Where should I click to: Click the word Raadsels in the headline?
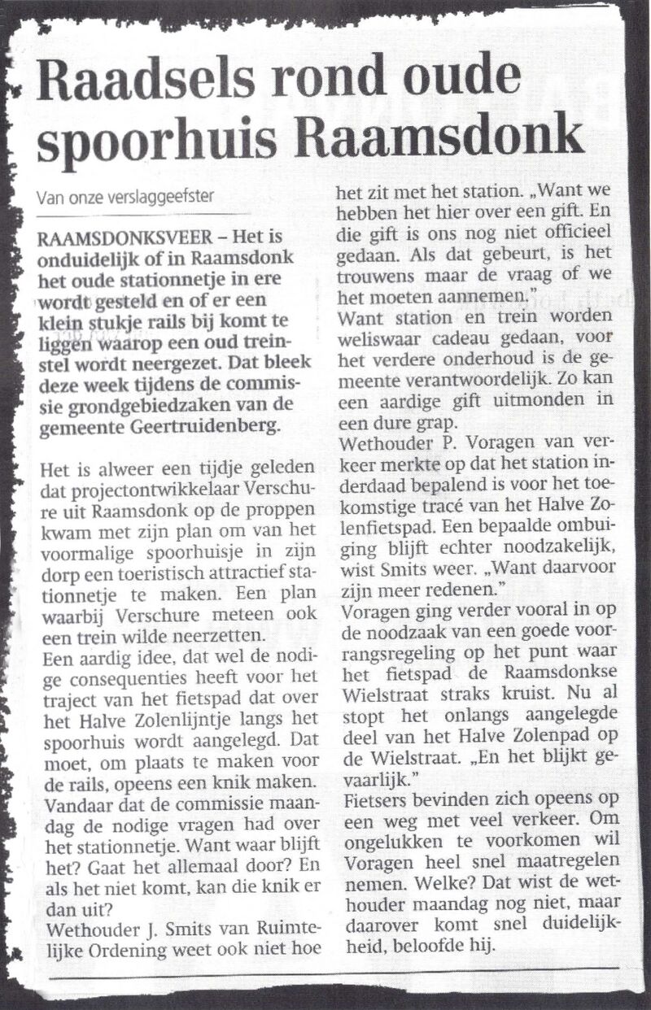138,79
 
